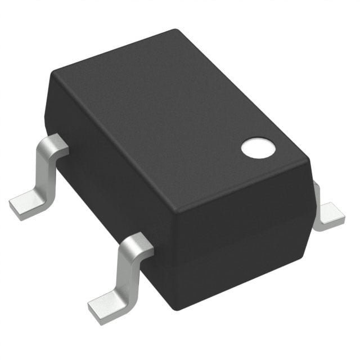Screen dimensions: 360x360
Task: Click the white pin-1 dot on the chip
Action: [258, 147]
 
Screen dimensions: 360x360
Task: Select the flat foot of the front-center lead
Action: [107, 304]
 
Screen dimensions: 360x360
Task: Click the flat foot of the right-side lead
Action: [330, 217]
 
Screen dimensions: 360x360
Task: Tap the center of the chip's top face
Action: [180, 118]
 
